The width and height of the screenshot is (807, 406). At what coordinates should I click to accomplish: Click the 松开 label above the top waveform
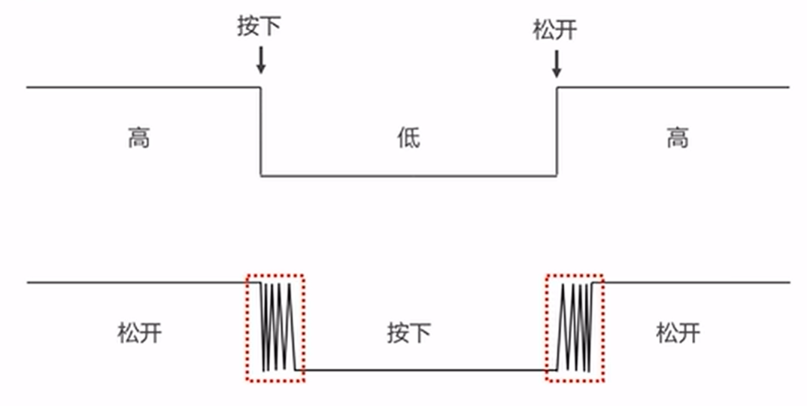[555, 30]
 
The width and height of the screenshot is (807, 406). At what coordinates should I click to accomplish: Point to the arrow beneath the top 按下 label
[260, 60]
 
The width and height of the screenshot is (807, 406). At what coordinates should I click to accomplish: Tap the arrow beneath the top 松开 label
[556, 63]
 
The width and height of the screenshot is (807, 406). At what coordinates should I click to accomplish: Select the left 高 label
[138, 138]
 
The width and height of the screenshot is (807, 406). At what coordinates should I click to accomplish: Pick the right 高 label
[678, 138]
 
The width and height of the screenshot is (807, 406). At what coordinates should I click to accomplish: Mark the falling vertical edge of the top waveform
[261, 132]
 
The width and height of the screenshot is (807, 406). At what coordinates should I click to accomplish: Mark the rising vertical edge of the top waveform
[557, 132]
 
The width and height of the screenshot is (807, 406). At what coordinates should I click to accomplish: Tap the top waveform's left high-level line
[143, 87]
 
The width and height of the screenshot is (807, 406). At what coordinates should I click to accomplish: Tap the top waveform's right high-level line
[673, 87]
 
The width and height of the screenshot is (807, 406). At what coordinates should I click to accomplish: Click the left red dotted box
[276, 328]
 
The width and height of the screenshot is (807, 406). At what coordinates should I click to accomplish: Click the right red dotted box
[575, 328]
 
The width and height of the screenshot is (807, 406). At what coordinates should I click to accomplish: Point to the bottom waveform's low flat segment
[425, 370]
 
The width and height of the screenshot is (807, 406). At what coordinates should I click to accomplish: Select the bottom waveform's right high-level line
[696, 283]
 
